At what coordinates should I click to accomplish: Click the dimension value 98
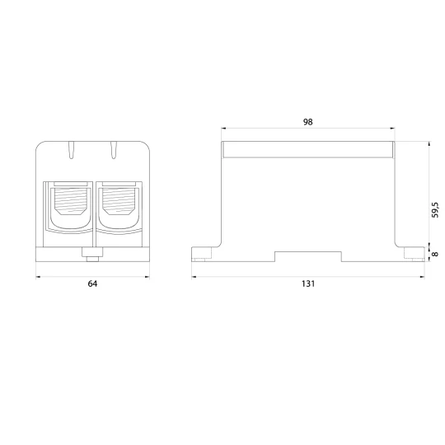click(307, 122)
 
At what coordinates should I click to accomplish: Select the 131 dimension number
click(308, 283)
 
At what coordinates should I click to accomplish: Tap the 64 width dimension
click(92, 283)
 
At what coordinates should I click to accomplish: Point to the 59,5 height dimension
click(434, 210)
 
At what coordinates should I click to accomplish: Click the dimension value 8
click(434, 254)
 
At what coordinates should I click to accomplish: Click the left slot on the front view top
click(72, 149)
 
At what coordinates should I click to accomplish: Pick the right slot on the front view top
click(114, 149)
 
